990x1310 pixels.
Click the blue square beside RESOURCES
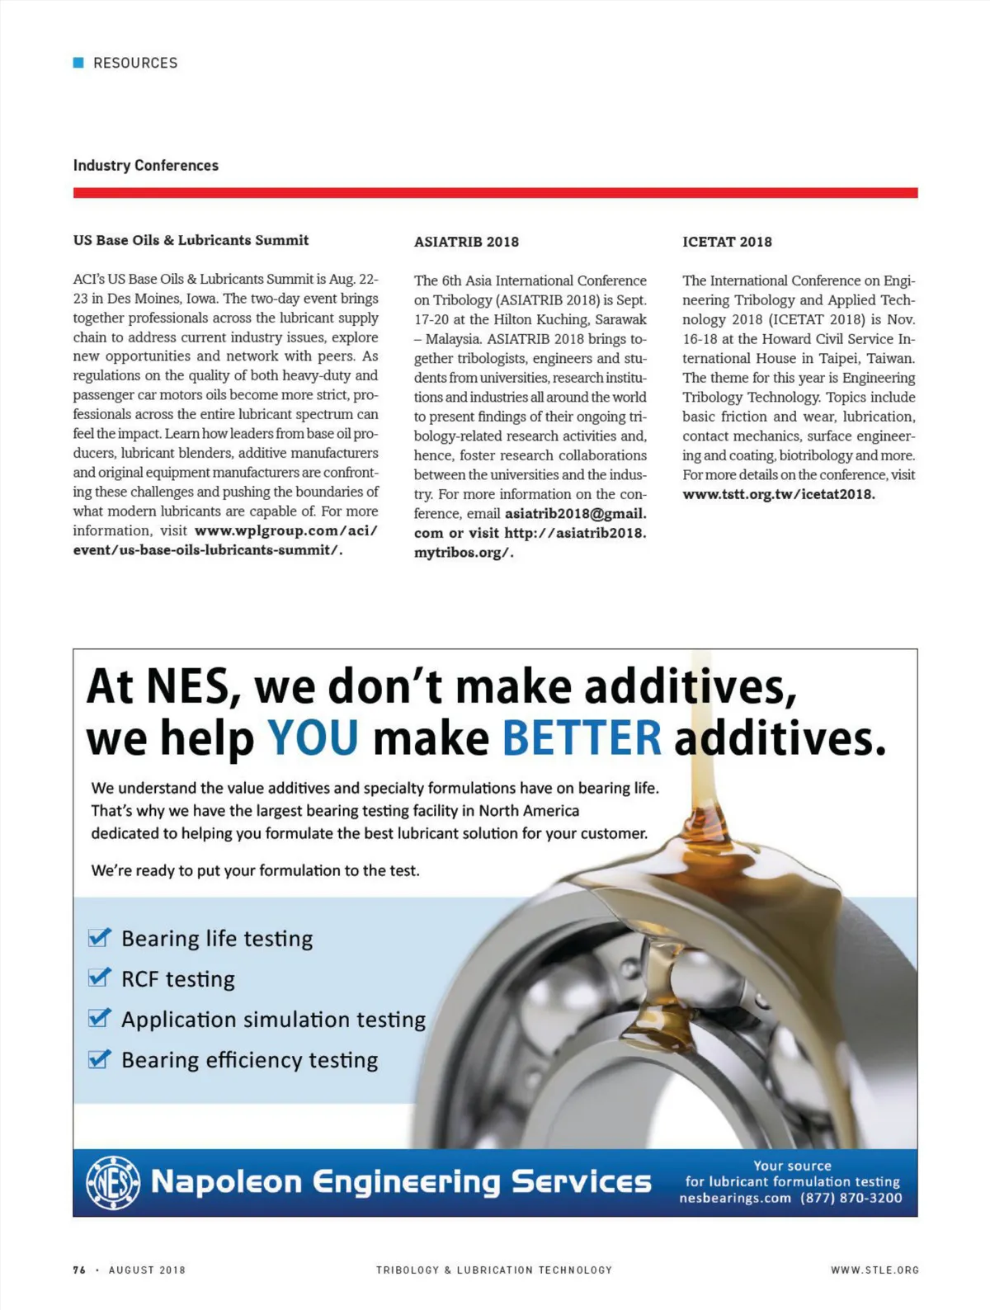tap(78, 63)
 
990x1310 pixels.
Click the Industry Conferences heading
tap(146, 165)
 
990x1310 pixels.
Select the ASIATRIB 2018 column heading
tap(466, 242)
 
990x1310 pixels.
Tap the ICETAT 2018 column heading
tap(727, 242)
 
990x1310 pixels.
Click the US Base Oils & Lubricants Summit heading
tap(191, 240)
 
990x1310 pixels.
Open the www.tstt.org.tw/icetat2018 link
tap(778, 494)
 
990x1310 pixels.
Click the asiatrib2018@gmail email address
tap(575, 513)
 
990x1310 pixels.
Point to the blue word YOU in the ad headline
tap(313, 737)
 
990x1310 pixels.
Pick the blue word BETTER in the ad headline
tap(582, 737)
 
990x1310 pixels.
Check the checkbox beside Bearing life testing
tap(99, 938)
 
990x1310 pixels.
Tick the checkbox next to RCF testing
tap(99, 978)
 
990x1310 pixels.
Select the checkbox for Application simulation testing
tap(99, 1019)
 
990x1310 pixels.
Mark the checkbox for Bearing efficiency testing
tap(99, 1059)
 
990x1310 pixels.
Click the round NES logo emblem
tap(113, 1183)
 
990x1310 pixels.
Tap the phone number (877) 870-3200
tap(851, 1198)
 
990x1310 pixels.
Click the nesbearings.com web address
tap(734, 1198)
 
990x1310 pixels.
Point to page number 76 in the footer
tap(79, 1270)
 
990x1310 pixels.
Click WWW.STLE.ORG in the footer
tap(874, 1270)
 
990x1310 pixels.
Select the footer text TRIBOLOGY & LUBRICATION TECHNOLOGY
tap(494, 1270)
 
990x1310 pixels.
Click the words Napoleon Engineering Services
tap(401, 1182)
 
